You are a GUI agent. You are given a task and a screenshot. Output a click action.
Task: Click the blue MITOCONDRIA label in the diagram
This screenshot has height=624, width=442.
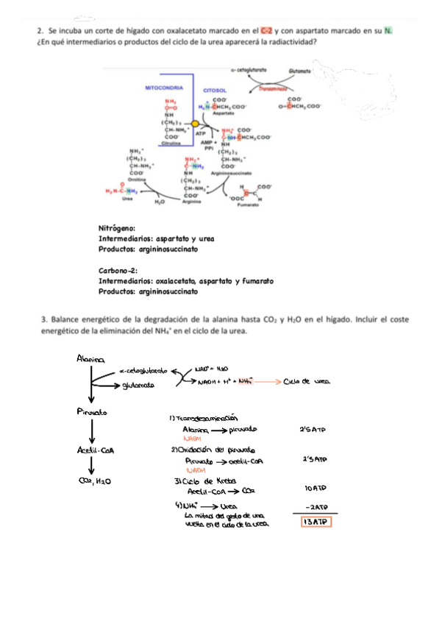(163, 87)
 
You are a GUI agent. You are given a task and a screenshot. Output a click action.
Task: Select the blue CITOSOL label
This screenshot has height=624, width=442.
(215, 91)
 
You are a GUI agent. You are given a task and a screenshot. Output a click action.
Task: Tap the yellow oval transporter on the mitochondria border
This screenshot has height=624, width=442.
(195, 124)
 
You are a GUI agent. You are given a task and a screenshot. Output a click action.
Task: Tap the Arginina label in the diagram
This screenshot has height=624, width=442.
(191, 202)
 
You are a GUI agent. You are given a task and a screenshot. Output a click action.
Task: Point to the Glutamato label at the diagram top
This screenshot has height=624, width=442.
(299, 71)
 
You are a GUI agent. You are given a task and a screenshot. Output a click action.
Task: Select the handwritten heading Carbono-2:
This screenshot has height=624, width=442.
(119, 271)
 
